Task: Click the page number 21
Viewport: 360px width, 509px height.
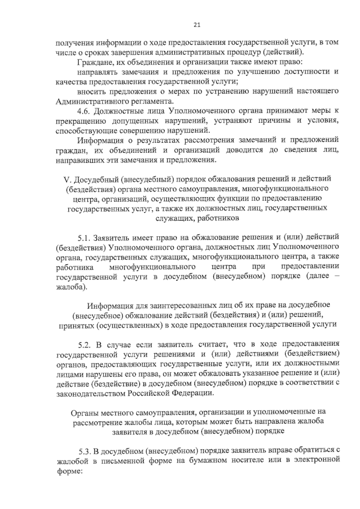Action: pyautogui.click(x=196, y=25)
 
